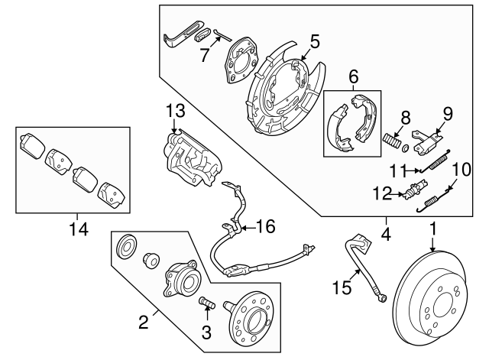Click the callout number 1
pos(432,228)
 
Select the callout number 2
pos(143,322)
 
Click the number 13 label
pos(174,112)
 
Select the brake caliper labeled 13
pos(191,157)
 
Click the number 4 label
pos(386,234)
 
